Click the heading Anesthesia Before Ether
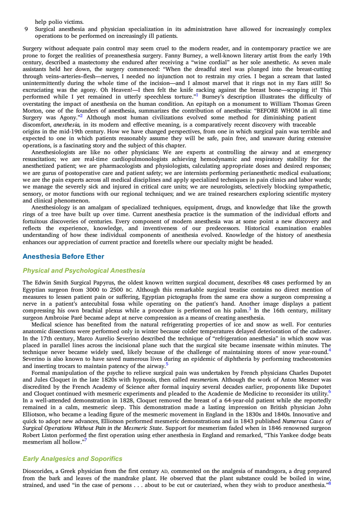click(63, 257)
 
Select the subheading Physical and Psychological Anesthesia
click(84, 270)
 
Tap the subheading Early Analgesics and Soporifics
click(73, 459)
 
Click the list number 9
click(26, 29)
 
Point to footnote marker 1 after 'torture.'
click(197, 95)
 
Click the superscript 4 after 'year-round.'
click(329, 350)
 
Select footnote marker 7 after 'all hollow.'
click(86, 440)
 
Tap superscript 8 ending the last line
click(329, 483)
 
